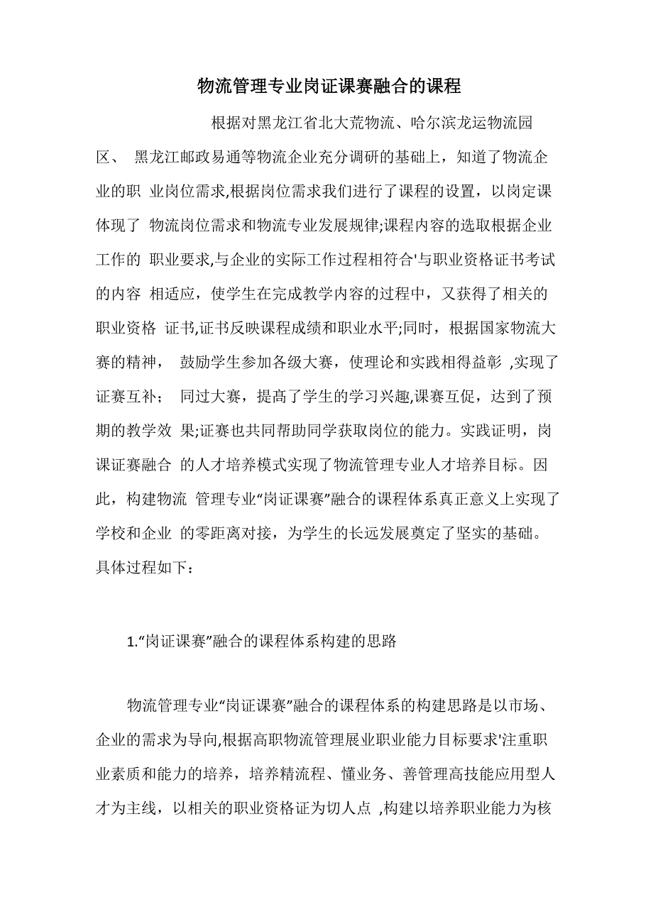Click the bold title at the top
(x=329, y=87)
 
